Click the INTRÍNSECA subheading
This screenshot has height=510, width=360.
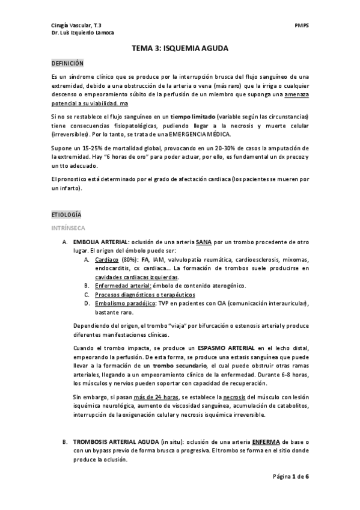(x=68, y=229)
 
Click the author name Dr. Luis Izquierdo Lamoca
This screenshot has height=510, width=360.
(x=82, y=33)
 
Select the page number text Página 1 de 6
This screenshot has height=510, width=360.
(x=291, y=493)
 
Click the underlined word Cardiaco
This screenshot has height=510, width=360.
(x=106, y=259)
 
